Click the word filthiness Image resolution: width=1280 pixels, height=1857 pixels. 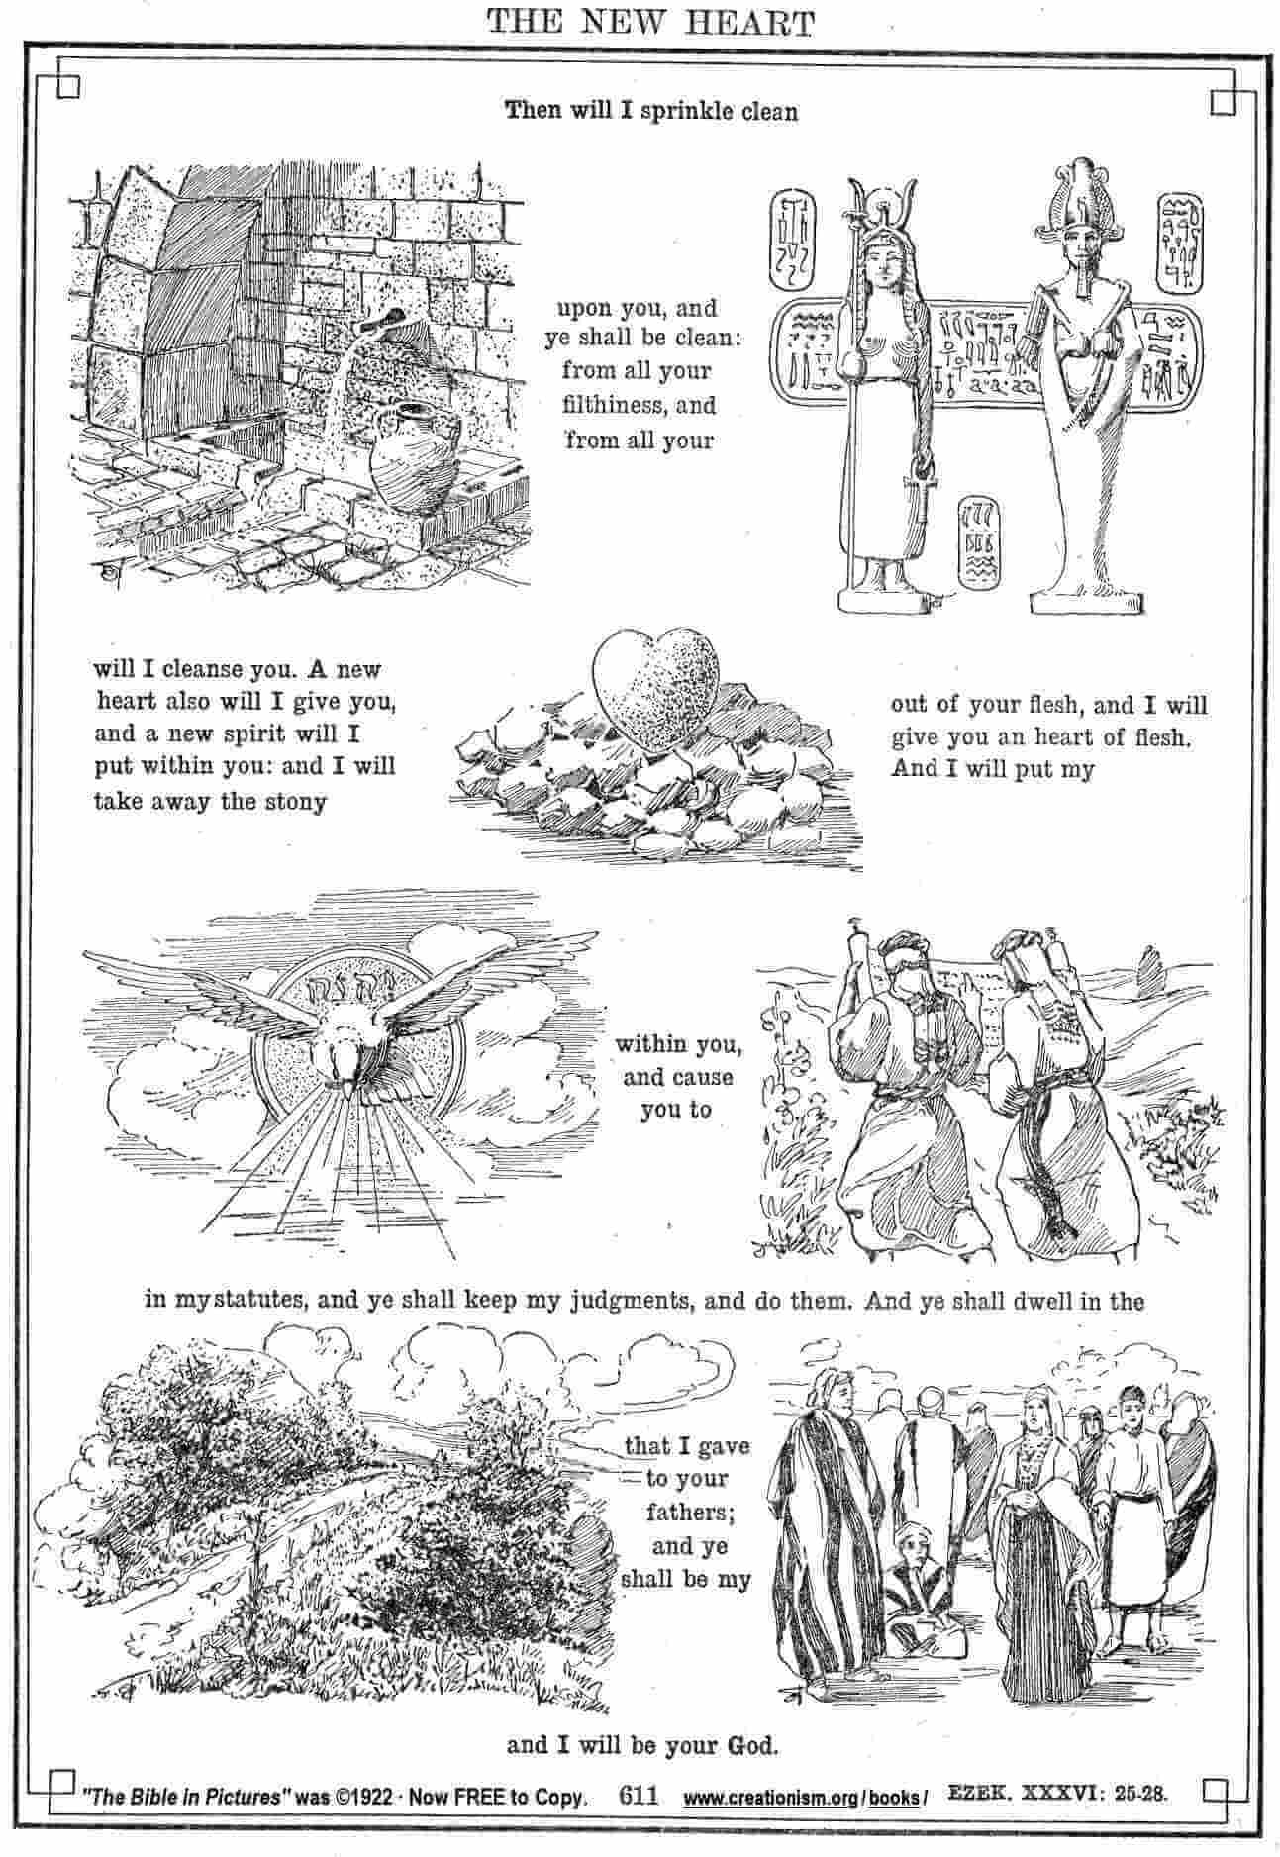(x=608, y=405)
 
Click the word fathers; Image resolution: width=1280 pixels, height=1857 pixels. (x=687, y=1513)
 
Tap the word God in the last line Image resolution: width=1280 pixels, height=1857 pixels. (x=753, y=1745)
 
